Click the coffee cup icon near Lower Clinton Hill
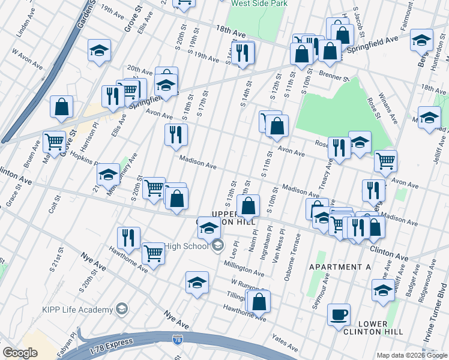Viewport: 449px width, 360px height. click(x=339, y=314)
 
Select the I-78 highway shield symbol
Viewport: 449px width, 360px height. click(x=178, y=340)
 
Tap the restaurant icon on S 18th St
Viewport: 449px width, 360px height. click(x=176, y=134)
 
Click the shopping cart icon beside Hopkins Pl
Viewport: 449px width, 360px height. click(x=54, y=142)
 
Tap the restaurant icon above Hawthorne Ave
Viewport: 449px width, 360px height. click(x=128, y=237)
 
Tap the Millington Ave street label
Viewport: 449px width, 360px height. click(x=244, y=268)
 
